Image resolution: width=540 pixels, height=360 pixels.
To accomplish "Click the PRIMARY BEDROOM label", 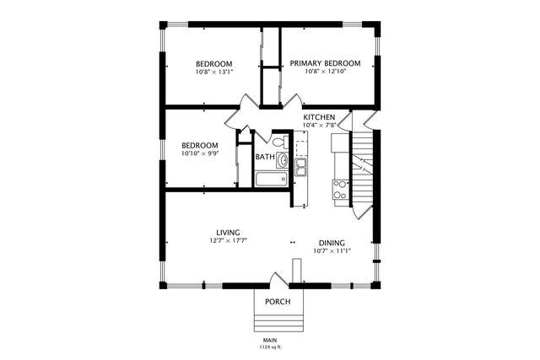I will pyautogui.click(x=325, y=63).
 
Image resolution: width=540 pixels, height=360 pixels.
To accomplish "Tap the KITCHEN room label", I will pyautogui.click(x=320, y=117).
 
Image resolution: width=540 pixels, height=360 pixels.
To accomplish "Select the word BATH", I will pyautogui.click(x=265, y=157).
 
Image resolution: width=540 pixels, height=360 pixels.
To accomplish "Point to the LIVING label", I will pyautogui.click(x=228, y=232).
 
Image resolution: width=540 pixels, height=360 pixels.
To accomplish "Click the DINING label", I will pyautogui.click(x=332, y=242).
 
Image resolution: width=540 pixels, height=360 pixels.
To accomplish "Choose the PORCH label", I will pyautogui.click(x=278, y=302).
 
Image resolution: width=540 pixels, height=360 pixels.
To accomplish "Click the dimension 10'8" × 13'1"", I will pyautogui.click(x=214, y=73).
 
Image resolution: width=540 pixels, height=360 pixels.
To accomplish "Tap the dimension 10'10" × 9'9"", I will pyautogui.click(x=200, y=153).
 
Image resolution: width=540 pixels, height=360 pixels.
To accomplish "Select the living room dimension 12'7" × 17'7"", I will pyautogui.click(x=228, y=241).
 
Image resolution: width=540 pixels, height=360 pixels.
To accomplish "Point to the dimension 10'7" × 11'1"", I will pyautogui.click(x=332, y=250).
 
